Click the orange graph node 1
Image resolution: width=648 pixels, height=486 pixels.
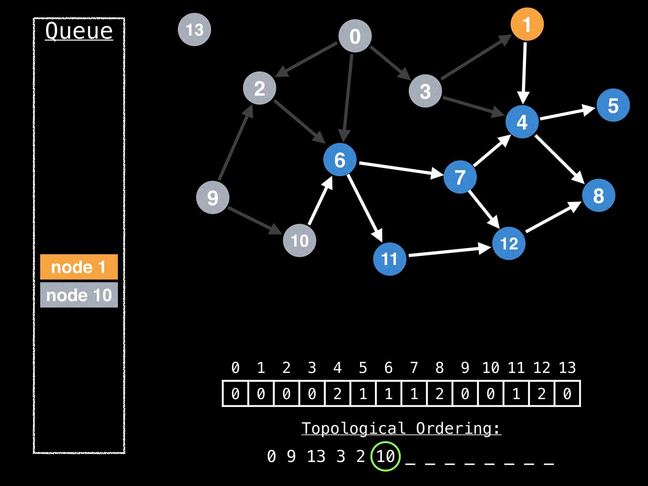pos(527,24)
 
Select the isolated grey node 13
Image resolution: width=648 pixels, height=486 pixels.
pos(194,30)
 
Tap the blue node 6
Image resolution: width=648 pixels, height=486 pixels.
pos(340,159)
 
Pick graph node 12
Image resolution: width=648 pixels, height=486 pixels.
pos(509,243)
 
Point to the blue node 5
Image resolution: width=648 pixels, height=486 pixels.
pos(613,105)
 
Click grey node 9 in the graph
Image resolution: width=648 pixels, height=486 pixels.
pos(213,198)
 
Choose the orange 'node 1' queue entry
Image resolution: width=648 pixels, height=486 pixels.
pos(79,267)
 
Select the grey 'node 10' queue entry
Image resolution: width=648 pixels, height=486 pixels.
pos(79,295)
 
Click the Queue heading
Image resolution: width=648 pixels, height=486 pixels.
pos(79,31)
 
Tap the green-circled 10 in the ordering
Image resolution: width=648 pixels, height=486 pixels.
pos(385,456)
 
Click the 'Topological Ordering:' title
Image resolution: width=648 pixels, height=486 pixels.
pos(401,429)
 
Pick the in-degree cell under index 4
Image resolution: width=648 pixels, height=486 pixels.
pos(338,394)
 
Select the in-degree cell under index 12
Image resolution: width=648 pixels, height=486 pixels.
pos(542,394)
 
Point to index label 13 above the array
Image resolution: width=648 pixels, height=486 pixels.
pos(567,368)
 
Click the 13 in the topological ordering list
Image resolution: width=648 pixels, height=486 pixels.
pos(316,456)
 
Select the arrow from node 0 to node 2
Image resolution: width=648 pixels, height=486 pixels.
pos(307,59)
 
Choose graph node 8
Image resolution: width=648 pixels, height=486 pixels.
pos(598,196)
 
